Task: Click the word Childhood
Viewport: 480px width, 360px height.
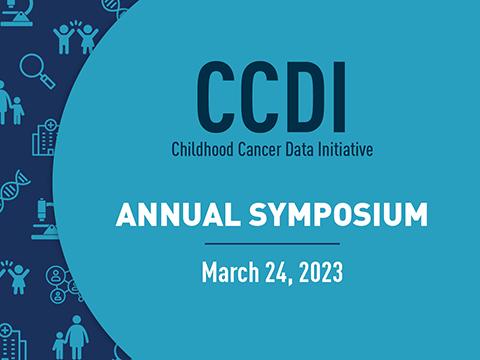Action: [x=202, y=149]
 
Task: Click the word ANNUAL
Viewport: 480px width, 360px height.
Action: [x=178, y=214]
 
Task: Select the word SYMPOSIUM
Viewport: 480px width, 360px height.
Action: [x=338, y=214]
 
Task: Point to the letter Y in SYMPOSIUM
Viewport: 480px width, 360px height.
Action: [x=283, y=214]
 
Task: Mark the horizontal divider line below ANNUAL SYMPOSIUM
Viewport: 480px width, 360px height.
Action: [x=272, y=244]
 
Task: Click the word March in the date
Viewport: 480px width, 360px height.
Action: [x=230, y=272]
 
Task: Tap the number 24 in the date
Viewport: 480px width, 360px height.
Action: [x=277, y=273]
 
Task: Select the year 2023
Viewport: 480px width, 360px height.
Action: [x=321, y=273]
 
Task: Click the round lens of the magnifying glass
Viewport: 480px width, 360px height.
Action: [x=32, y=65]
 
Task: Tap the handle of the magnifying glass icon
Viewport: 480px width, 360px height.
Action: [x=48, y=82]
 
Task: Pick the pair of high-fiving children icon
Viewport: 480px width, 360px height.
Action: [x=76, y=37]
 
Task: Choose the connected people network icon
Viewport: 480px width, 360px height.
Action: [x=63, y=284]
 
